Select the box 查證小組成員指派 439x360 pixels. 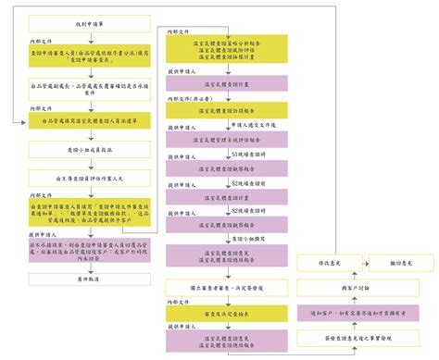92,149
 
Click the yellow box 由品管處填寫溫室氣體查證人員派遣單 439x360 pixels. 92,120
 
